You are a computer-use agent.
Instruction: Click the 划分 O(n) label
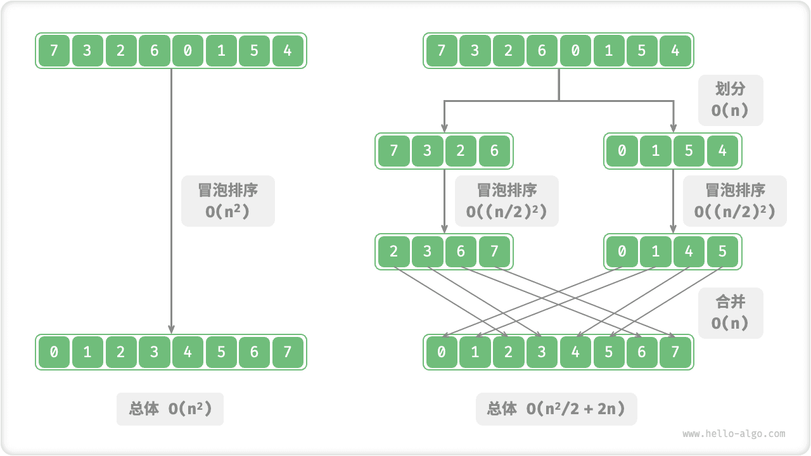coord(731,100)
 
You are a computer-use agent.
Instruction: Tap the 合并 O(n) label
coord(731,312)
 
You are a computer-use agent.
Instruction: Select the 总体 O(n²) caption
coord(170,408)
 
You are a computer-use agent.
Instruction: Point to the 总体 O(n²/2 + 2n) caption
coord(556,408)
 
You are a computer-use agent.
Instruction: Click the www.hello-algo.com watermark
coord(734,434)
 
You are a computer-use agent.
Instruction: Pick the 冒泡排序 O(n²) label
coord(227,201)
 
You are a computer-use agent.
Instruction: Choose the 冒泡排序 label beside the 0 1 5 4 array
coord(734,201)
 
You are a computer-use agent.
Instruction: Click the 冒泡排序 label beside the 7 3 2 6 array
coord(506,201)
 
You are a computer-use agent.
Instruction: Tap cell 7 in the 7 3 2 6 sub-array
coord(394,151)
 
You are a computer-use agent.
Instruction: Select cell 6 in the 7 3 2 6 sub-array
coord(494,151)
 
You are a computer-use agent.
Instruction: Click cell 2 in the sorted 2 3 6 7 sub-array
coord(394,252)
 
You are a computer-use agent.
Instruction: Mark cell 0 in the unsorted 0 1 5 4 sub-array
coord(622,151)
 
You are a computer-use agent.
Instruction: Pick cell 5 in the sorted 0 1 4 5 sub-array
coord(722,252)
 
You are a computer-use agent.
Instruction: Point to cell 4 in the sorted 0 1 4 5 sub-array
coord(689,252)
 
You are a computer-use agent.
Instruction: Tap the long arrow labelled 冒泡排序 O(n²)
coord(171,266)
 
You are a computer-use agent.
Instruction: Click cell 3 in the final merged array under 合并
coord(542,352)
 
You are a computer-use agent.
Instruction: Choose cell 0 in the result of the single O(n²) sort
coord(54,352)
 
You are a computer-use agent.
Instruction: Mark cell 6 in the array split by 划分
coord(542,50)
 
